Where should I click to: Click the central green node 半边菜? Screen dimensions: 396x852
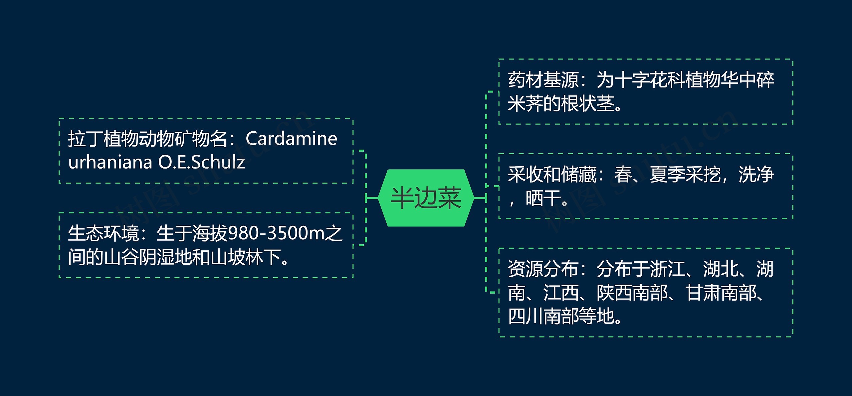coord(426,198)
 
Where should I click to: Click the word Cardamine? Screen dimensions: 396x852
coord(291,139)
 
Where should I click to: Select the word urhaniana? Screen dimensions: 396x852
coord(110,162)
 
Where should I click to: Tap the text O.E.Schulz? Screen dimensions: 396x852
coord(201,162)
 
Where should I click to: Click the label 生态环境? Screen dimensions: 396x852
coord(103,233)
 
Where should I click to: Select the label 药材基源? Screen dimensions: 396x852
coord(543,80)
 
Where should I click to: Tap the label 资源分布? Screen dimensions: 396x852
coord(543,269)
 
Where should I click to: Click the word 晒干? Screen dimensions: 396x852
coord(543,198)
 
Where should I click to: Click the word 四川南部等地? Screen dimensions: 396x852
coord(561,316)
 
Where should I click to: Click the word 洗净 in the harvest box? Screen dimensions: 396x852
coord(756,175)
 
